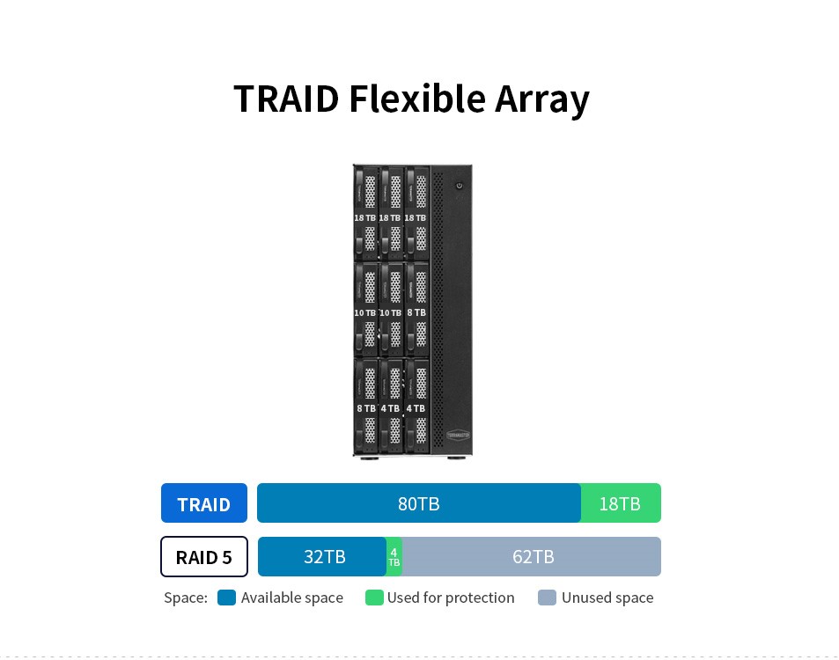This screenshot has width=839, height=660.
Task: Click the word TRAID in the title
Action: (x=285, y=99)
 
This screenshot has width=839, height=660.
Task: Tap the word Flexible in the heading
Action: (x=416, y=99)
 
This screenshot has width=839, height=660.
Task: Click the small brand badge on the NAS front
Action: (x=459, y=434)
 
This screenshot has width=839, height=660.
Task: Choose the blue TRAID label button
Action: (x=203, y=504)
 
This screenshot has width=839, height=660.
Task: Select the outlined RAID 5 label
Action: (x=203, y=557)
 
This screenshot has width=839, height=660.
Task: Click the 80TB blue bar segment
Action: (x=418, y=503)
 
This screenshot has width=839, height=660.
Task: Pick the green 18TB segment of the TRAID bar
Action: (x=621, y=503)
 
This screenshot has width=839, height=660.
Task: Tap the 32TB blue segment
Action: (x=323, y=557)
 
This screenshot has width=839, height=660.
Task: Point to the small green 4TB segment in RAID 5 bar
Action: (x=394, y=557)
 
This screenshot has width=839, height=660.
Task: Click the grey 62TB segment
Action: (x=532, y=557)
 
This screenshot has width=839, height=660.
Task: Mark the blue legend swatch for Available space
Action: (x=226, y=598)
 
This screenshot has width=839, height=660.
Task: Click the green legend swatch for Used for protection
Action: (x=374, y=598)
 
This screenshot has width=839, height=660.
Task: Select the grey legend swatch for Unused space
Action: (x=547, y=598)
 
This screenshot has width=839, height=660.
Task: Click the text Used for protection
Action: (x=451, y=598)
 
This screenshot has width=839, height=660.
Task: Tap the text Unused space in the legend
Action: (x=607, y=598)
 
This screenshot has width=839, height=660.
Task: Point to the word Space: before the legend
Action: (x=186, y=598)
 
